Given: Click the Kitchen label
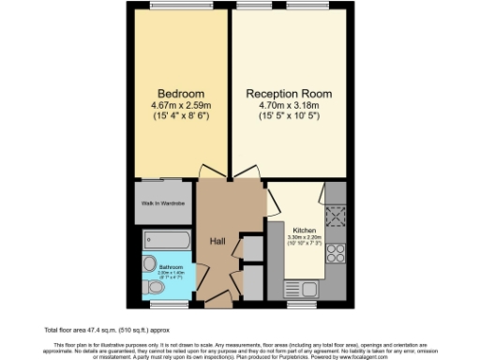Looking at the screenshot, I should (306, 231).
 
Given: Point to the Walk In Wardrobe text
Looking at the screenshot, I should (162, 203).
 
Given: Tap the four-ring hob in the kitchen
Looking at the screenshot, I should (337, 254).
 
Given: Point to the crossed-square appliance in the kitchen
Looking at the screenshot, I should (337, 217).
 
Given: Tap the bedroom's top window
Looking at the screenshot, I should (178, 7).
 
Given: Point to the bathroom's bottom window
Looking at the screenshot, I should (169, 303).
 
